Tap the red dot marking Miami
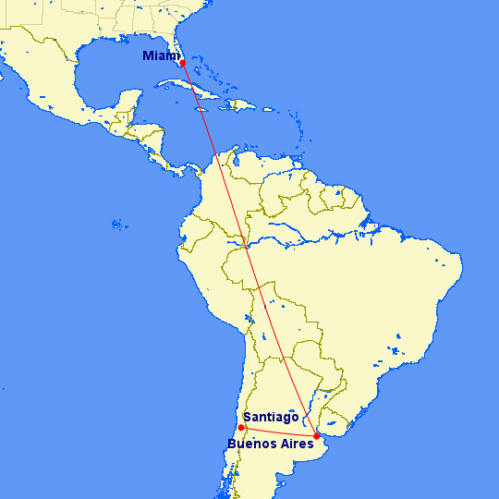(x=183, y=63)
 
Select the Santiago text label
(x=271, y=417)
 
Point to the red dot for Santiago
(x=240, y=428)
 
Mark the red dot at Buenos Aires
(x=317, y=436)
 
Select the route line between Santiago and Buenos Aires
(x=278, y=432)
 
